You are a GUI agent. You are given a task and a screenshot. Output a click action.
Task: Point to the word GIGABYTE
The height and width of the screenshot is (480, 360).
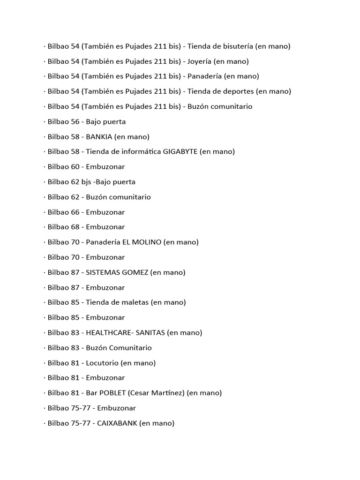click(x=180, y=152)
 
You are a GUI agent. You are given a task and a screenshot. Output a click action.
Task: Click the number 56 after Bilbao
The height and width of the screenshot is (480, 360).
click(x=75, y=122)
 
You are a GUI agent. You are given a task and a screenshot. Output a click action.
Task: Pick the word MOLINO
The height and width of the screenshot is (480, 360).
click(x=148, y=242)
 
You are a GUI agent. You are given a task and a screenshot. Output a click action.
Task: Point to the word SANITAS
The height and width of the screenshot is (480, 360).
click(x=149, y=333)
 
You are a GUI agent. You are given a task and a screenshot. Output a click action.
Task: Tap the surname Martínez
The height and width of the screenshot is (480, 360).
click(x=167, y=393)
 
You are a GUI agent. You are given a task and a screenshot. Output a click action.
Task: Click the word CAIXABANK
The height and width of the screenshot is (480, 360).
click(x=117, y=423)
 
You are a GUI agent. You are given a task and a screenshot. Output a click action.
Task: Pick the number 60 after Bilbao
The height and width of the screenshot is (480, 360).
click(x=75, y=167)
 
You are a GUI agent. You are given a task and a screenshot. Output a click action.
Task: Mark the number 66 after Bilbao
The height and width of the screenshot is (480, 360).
click(x=75, y=212)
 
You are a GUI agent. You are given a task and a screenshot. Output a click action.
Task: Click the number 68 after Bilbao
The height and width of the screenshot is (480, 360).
click(x=75, y=227)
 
